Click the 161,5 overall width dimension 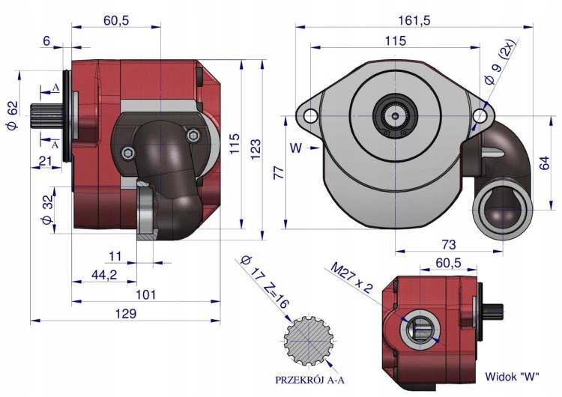point(414,20)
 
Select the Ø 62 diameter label point(11,116)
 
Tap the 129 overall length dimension point(126,314)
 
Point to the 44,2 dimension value point(104,275)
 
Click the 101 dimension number point(146,294)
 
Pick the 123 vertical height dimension point(256,149)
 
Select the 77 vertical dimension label point(279,172)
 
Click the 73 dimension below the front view point(449,244)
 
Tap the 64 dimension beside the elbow point(544,163)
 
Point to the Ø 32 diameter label point(47,210)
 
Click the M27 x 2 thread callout point(352,277)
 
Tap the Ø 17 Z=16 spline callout point(265,282)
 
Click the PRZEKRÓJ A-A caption point(309,381)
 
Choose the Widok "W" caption point(512,377)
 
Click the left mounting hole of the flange point(310,116)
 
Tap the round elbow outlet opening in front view point(501,212)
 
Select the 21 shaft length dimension point(46,161)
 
